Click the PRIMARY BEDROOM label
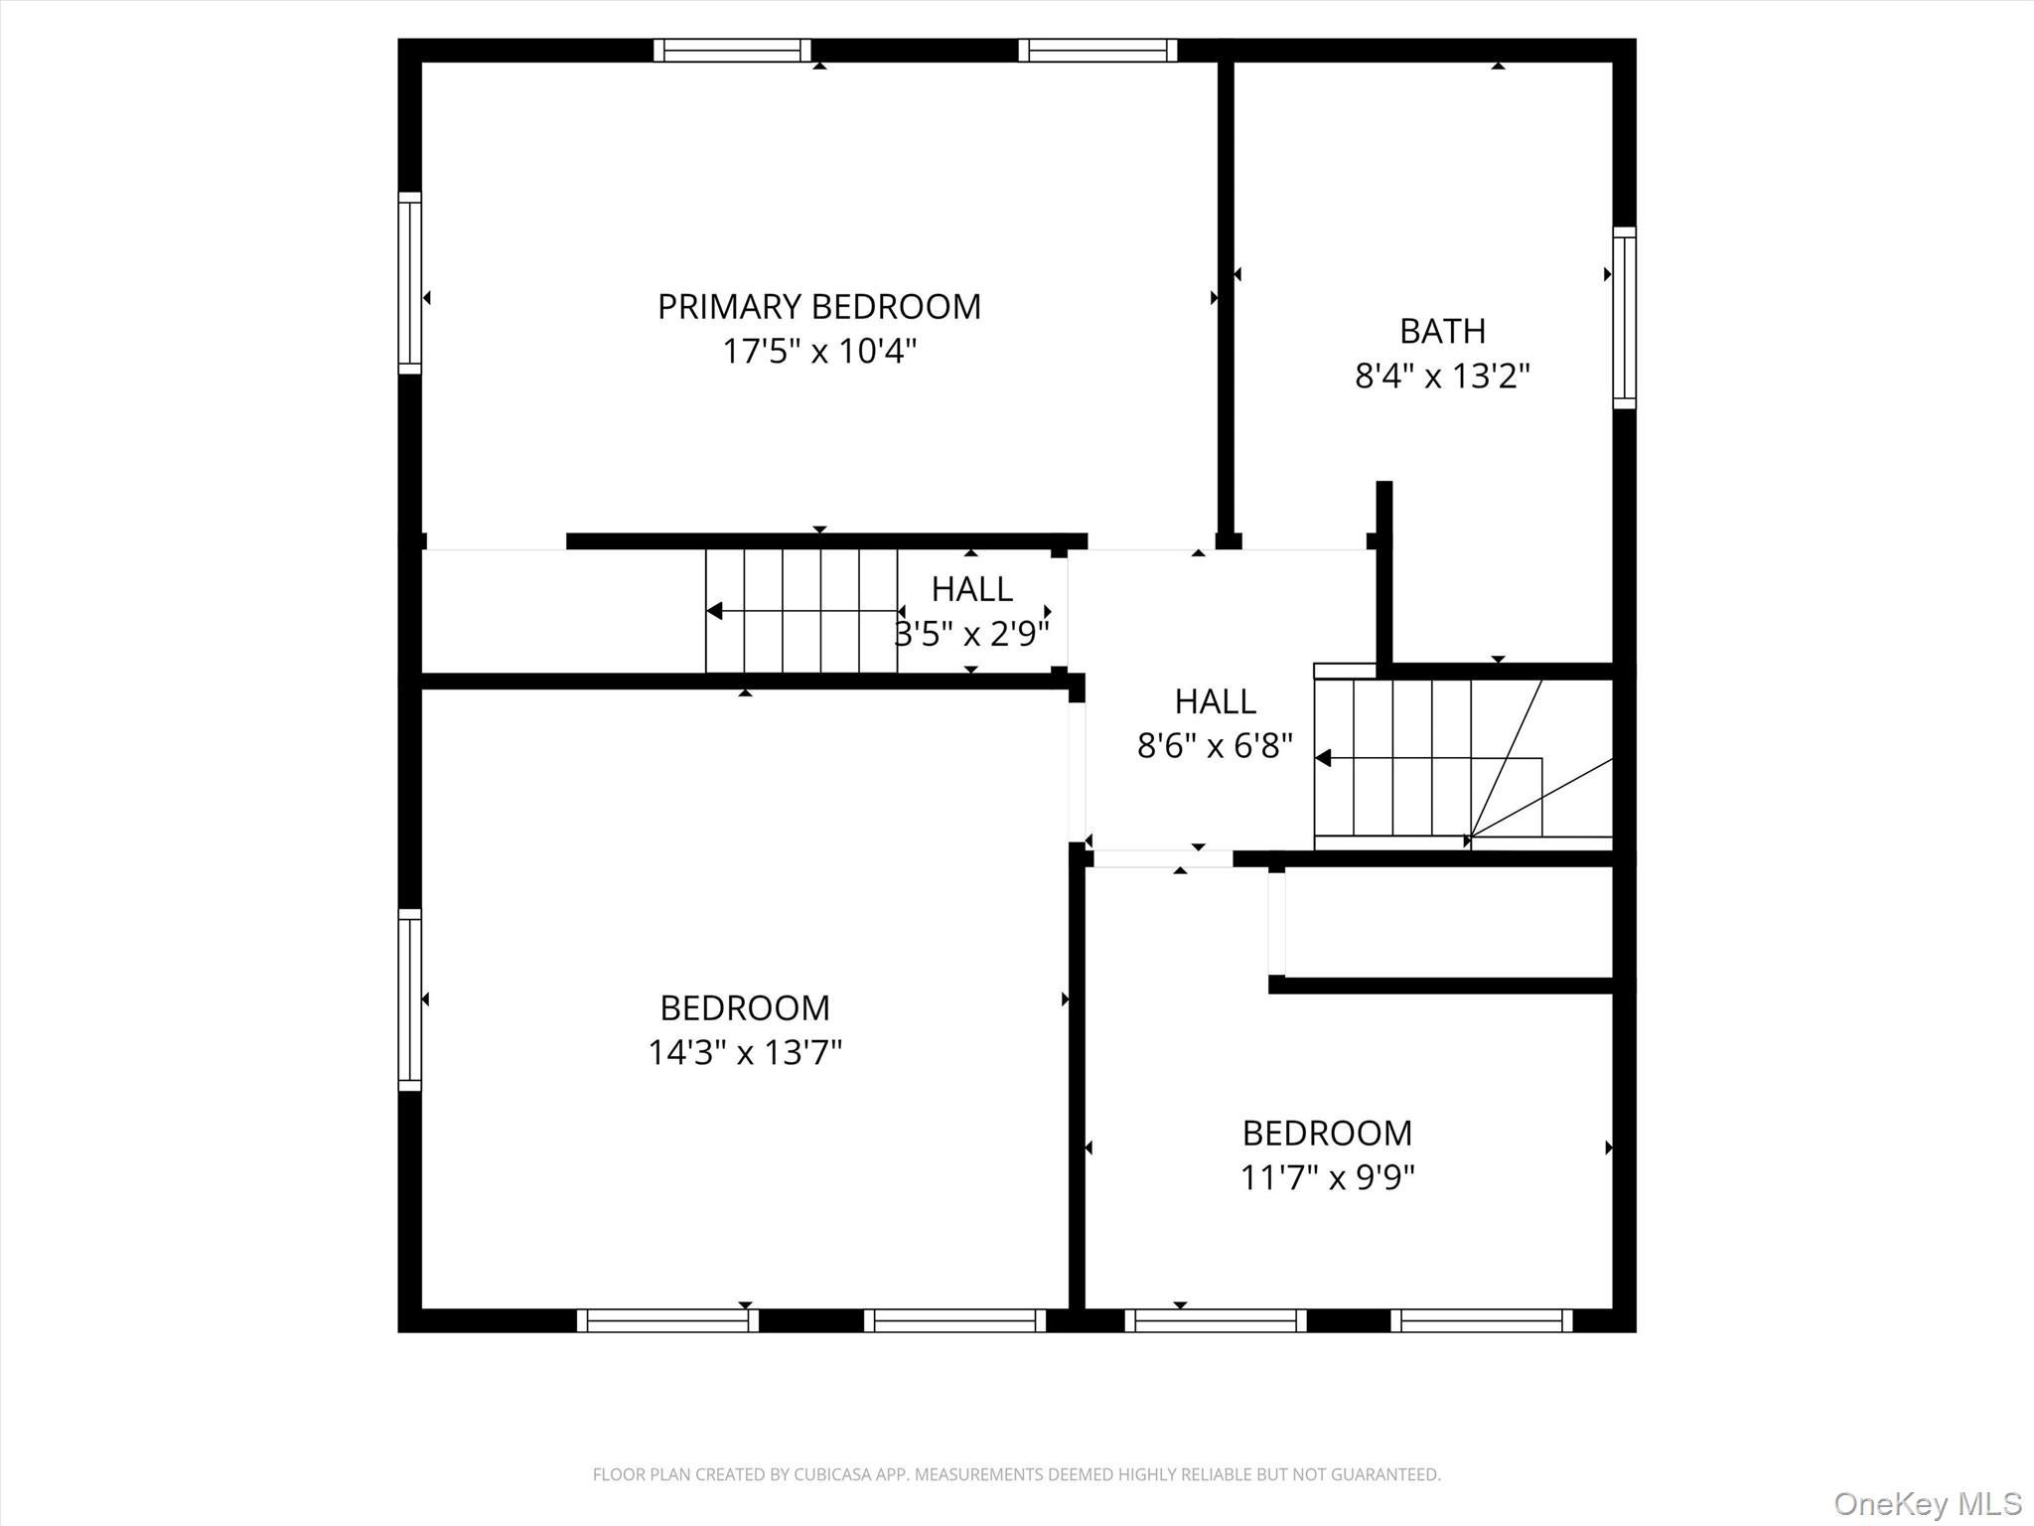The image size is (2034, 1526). [818, 306]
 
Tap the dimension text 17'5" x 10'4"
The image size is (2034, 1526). [818, 352]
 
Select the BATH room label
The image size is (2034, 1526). [1442, 331]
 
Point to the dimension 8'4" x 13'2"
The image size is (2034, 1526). [1442, 377]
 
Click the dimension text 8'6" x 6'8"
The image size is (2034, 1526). [1215, 746]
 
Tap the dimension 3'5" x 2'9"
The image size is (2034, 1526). [972, 634]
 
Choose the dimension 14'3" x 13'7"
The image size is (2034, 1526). [745, 1052]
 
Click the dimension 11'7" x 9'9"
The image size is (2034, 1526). [1327, 1177]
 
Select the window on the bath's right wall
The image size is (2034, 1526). [1624, 317]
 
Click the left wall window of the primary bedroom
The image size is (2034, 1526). [409, 283]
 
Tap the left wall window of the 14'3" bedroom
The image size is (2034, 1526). [409, 999]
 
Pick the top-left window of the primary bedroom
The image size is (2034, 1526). [732, 50]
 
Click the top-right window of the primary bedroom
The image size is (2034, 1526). [1097, 50]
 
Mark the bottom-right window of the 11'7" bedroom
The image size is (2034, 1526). [1481, 1320]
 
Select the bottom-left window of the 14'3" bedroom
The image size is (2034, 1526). [667, 1320]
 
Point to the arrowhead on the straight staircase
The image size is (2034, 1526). [714, 611]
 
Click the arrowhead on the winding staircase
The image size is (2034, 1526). [1323, 758]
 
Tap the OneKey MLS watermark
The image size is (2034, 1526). [1927, 1503]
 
